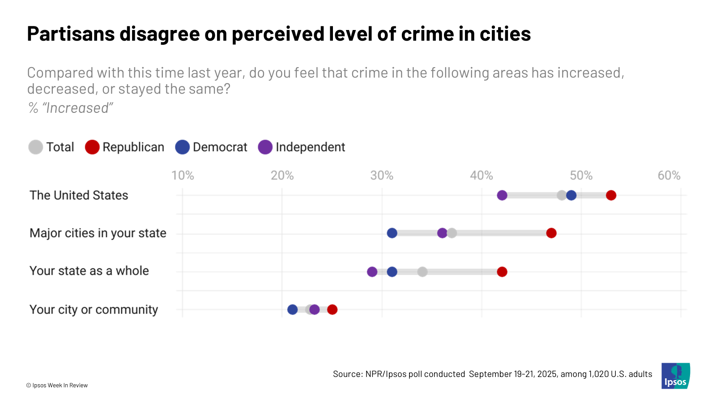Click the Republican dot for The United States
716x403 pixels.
tap(611, 195)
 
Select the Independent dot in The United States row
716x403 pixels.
tap(502, 195)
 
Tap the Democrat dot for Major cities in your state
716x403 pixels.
tap(392, 233)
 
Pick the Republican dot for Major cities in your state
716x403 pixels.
tap(551, 233)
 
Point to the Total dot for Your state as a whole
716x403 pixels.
tap(422, 272)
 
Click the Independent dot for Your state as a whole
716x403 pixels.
tap(372, 272)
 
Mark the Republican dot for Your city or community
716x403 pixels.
tap(332, 309)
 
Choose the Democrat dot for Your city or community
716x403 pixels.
tap(292, 309)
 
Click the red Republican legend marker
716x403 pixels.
tap(92, 147)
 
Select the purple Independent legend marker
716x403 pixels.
tap(265, 147)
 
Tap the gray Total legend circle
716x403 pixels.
tap(36, 147)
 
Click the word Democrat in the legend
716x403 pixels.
tap(220, 147)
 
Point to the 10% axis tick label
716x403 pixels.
tap(183, 176)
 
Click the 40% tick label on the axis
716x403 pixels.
tap(482, 176)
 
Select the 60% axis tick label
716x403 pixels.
tap(669, 176)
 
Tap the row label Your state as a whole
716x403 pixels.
tap(89, 271)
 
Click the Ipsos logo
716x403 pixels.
tap(675, 376)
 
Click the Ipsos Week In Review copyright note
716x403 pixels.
tap(57, 385)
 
